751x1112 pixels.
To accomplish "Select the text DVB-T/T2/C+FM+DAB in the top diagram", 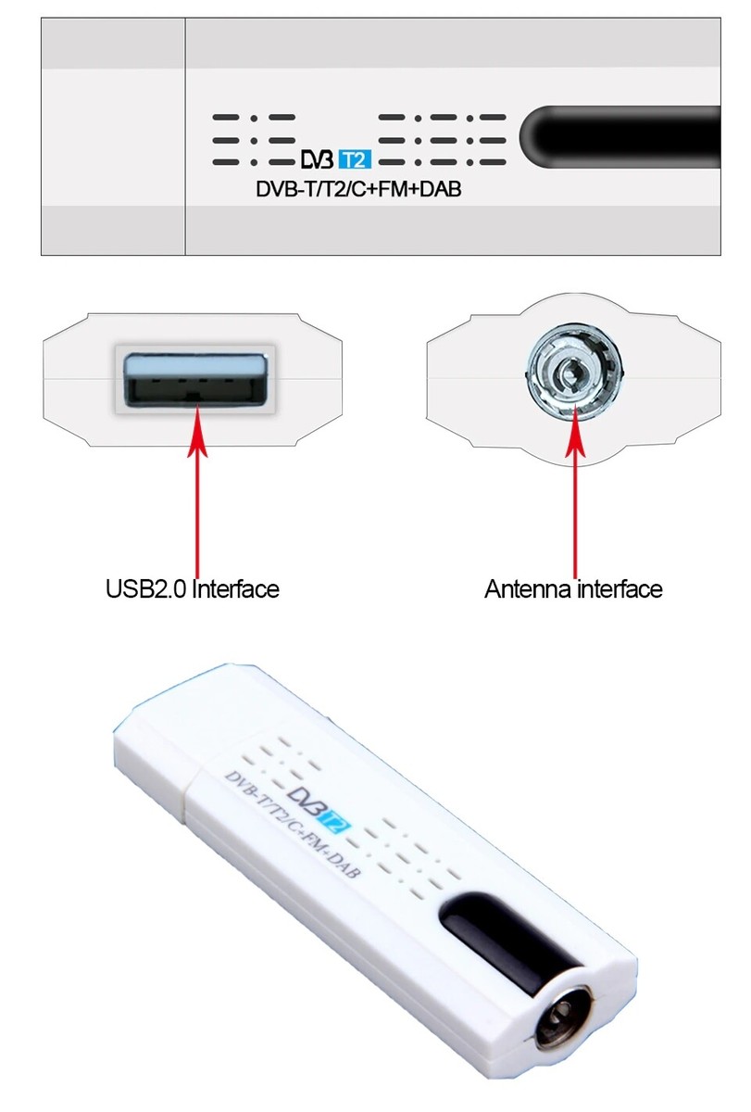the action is pos(358,190).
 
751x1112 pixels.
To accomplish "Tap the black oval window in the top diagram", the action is pos(620,137).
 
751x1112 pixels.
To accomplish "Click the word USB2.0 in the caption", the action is pos(146,588).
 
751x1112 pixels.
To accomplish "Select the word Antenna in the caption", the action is pos(528,588).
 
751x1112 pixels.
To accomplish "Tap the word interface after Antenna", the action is pos(620,588).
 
